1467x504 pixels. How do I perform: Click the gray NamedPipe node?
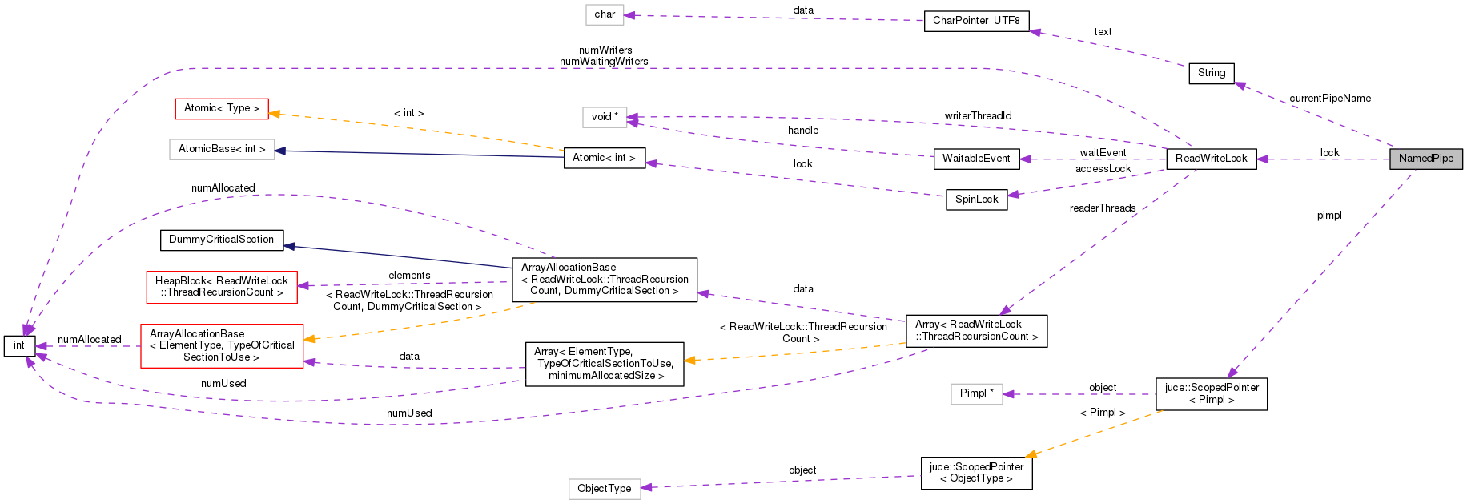(x=1425, y=159)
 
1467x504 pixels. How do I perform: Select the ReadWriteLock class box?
(x=1211, y=159)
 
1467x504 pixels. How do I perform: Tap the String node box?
(x=1211, y=73)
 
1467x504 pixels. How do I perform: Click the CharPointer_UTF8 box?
(x=975, y=21)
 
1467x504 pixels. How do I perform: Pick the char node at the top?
(x=605, y=14)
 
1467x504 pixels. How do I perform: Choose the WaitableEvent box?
(x=975, y=159)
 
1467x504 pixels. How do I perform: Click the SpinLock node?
(x=975, y=200)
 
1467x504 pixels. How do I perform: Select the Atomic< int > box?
(x=604, y=158)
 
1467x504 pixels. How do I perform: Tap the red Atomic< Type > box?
(x=221, y=108)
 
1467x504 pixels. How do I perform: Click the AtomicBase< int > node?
(x=221, y=149)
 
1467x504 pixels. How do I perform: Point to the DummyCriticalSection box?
(x=221, y=240)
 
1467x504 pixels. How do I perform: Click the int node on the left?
(x=19, y=345)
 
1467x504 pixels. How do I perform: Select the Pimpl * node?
(x=976, y=393)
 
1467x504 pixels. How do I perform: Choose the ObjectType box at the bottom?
(x=604, y=489)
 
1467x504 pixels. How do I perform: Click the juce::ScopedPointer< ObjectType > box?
(x=975, y=473)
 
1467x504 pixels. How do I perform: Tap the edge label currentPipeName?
(x=1329, y=99)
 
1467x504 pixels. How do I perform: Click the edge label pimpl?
(x=1328, y=216)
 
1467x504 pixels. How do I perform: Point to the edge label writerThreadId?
(x=977, y=116)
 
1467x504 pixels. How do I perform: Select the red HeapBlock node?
(x=221, y=287)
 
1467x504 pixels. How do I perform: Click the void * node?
(x=604, y=117)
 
